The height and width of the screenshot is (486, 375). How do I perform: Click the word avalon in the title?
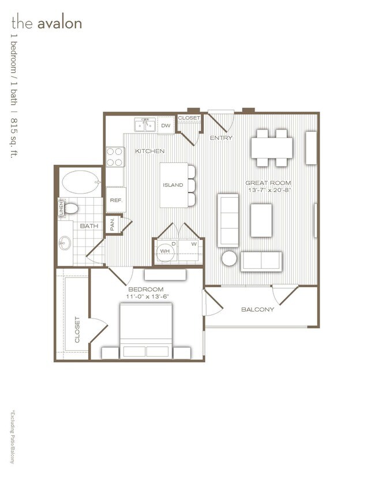tap(59, 23)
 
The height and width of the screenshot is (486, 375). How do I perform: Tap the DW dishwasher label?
tap(166, 125)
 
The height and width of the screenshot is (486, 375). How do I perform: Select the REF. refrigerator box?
tap(115, 199)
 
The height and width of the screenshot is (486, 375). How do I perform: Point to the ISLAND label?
tap(172, 185)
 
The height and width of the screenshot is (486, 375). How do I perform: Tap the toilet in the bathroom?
tap(72, 208)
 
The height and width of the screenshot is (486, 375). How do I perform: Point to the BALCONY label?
tap(257, 310)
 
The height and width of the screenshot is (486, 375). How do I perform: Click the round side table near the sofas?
tap(228, 258)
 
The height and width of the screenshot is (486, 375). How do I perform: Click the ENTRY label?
tap(221, 138)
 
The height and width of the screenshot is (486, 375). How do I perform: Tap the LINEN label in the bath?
tap(61, 208)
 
